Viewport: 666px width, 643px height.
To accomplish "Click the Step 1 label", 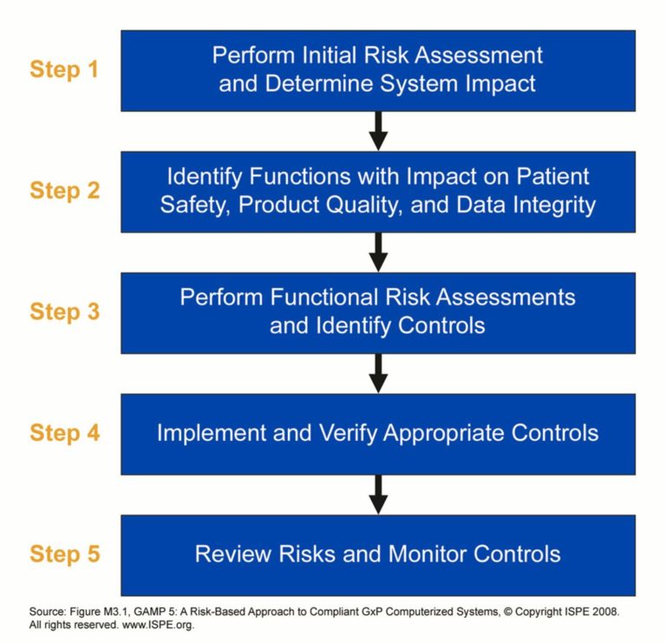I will coord(64,69).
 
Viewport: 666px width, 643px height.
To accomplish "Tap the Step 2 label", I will coord(64,191).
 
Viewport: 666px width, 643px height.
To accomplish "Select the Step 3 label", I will coord(64,312).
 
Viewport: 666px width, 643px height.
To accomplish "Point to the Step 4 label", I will coord(64,432).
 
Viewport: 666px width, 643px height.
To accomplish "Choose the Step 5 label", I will coord(64,554).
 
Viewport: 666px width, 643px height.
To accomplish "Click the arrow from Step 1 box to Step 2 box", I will coord(377,131).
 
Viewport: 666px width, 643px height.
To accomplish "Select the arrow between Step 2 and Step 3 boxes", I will coord(377,253).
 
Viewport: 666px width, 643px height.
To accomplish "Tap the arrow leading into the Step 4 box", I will coord(377,373).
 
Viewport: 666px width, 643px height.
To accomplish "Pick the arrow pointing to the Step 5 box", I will coord(377,495).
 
